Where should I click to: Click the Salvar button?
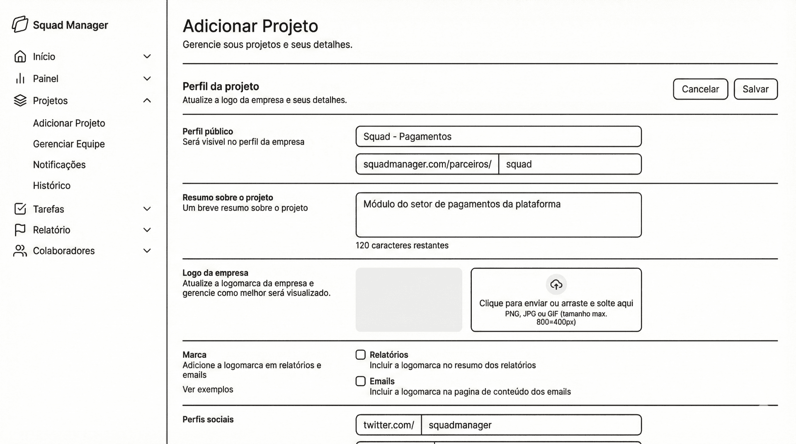(x=755, y=89)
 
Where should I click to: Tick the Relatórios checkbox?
(x=361, y=355)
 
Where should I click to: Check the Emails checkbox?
(x=361, y=381)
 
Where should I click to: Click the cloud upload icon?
(x=556, y=284)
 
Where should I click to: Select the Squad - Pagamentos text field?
(x=498, y=136)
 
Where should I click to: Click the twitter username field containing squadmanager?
(x=531, y=425)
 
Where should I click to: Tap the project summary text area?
(x=498, y=215)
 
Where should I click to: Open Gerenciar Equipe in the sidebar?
(x=69, y=144)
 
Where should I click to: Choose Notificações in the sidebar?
(x=59, y=165)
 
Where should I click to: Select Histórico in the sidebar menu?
(x=52, y=185)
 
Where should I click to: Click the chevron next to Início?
(x=147, y=56)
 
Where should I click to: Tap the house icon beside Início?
(x=20, y=56)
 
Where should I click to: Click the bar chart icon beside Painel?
(x=20, y=79)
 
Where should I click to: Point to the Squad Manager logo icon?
(x=20, y=24)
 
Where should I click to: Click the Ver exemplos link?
(x=208, y=389)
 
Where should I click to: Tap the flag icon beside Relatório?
(x=20, y=230)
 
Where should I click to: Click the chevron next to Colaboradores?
(x=147, y=250)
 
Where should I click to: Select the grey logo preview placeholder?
(x=409, y=299)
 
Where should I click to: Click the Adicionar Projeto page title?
(x=250, y=26)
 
